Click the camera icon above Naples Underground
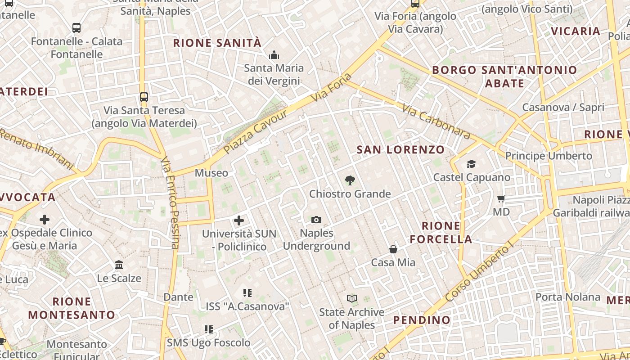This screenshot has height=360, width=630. pyautogui.click(x=316, y=220)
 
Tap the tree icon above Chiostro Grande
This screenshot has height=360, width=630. pyautogui.click(x=350, y=181)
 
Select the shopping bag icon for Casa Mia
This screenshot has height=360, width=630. pyautogui.click(x=393, y=249)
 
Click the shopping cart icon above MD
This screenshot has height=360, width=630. pyautogui.click(x=501, y=198)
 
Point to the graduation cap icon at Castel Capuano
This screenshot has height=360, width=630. pyautogui.click(x=471, y=164)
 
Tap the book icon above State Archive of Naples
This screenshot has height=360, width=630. pyautogui.click(x=352, y=298)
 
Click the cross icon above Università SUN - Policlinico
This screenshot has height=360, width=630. pyautogui.click(x=239, y=220)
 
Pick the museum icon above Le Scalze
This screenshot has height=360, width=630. pyautogui.click(x=119, y=265)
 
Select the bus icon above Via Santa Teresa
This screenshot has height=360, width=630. pyautogui.click(x=144, y=97)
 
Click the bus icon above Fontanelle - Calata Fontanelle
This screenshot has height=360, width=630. pyautogui.click(x=76, y=28)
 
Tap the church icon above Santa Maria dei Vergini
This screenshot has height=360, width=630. pyautogui.click(x=274, y=55)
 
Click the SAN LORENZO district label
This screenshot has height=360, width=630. pyautogui.click(x=400, y=150)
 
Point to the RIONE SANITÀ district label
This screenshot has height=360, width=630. pyautogui.click(x=217, y=43)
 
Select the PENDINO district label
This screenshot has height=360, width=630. pyautogui.click(x=422, y=320)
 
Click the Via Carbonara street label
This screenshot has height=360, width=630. pyautogui.click(x=436, y=122)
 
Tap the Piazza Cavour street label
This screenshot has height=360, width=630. pyautogui.click(x=256, y=131)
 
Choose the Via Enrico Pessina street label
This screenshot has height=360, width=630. pyautogui.click(x=171, y=202)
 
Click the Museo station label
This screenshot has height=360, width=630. pyautogui.click(x=211, y=173)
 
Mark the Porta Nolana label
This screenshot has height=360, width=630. pyautogui.click(x=568, y=297)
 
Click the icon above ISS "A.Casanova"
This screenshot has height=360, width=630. pyautogui.click(x=247, y=293)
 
